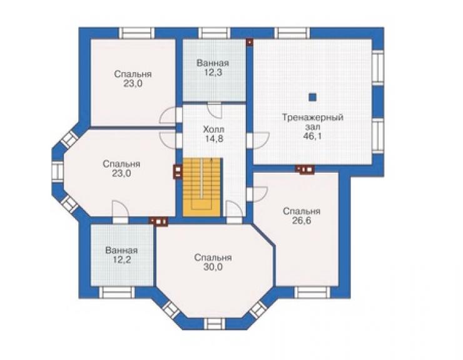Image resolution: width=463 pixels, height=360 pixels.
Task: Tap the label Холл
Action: click(x=213, y=129)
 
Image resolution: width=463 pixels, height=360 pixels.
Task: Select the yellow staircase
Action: click(x=202, y=187)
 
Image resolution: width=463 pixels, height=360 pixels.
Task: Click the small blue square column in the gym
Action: click(x=312, y=97)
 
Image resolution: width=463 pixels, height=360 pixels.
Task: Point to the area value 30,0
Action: click(x=213, y=267)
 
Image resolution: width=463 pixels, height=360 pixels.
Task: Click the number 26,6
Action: click(x=301, y=221)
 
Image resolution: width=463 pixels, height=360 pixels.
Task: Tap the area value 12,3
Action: click(x=213, y=73)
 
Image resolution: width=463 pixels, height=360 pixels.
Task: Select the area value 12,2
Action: click(x=121, y=260)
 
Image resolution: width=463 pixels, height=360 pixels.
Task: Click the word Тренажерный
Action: click(x=312, y=117)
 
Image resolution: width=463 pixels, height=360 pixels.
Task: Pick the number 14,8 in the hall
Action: click(x=213, y=138)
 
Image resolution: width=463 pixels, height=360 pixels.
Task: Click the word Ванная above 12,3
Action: click(x=213, y=63)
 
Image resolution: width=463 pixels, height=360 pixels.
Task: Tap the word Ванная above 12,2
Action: click(x=121, y=250)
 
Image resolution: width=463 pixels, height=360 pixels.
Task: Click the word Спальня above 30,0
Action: click(x=213, y=258)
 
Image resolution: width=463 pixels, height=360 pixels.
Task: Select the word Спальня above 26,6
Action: click(x=301, y=212)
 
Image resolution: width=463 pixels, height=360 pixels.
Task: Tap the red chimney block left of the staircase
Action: click(x=178, y=172)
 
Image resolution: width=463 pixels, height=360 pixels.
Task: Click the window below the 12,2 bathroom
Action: click(x=116, y=292)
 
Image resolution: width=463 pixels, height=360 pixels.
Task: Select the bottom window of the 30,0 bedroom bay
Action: click(x=215, y=324)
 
